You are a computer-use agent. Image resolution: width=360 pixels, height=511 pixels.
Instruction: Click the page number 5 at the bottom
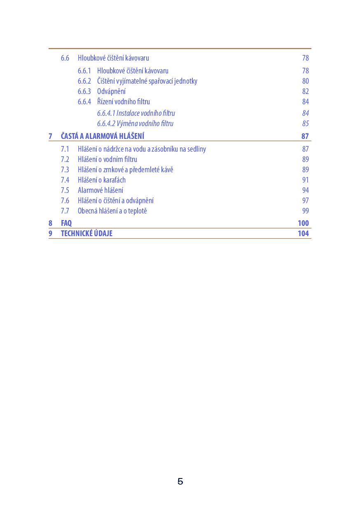pyautogui.click(x=180, y=481)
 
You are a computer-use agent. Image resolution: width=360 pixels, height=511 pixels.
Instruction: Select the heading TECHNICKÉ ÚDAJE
pyautogui.click(x=86, y=234)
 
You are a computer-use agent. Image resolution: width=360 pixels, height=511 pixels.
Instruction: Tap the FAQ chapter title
pyautogui.click(x=66, y=223)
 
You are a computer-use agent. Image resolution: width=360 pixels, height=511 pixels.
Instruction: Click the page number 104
pyautogui.click(x=303, y=234)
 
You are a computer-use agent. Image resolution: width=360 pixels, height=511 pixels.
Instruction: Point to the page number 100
pyautogui.click(x=303, y=223)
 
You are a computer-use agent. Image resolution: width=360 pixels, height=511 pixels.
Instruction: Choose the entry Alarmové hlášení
pyautogui.click(x=100, y=190)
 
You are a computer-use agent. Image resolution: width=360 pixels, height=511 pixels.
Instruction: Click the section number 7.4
pyautogui.click(x=65, y=180)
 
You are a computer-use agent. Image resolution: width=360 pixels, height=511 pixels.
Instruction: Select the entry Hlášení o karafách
pyautogui.click(x=101, y=180)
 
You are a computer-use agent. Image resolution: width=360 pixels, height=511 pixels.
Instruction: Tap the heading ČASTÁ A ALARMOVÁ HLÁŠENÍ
pyautogui.click(x=102, y=136)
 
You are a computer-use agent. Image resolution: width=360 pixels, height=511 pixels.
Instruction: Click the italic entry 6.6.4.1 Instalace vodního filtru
pyautogui.click(x=136, y=113)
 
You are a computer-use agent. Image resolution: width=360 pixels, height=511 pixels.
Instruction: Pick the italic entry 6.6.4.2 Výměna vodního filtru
pyautogui.click(x=135, y=124)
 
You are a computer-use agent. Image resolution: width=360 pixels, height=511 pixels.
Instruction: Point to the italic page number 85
pyautogui.click(x=305, y=124)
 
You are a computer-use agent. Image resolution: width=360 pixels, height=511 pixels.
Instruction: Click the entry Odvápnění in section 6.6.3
pyautogui.click(x=111, y=91)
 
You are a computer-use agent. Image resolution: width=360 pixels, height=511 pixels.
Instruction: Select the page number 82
pyautogui.click(x=305, y=91)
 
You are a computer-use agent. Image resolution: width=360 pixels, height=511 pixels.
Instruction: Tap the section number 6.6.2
pyautogui.click(x=84, y=81)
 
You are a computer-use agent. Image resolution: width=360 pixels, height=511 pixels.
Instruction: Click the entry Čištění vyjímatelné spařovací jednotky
pyautogui.click(x=147, y=81)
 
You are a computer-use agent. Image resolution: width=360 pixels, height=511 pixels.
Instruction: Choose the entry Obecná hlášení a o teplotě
pyautogui.click(x=112, y=211)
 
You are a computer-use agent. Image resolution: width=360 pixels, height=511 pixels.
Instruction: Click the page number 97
pyautogui.click(x=305, y=201)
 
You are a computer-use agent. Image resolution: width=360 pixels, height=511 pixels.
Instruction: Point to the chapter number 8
pyautogui.click(x=50, y=223)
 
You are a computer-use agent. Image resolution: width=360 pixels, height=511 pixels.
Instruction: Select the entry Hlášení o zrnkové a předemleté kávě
pyautogui.click(x=125, y=170)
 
